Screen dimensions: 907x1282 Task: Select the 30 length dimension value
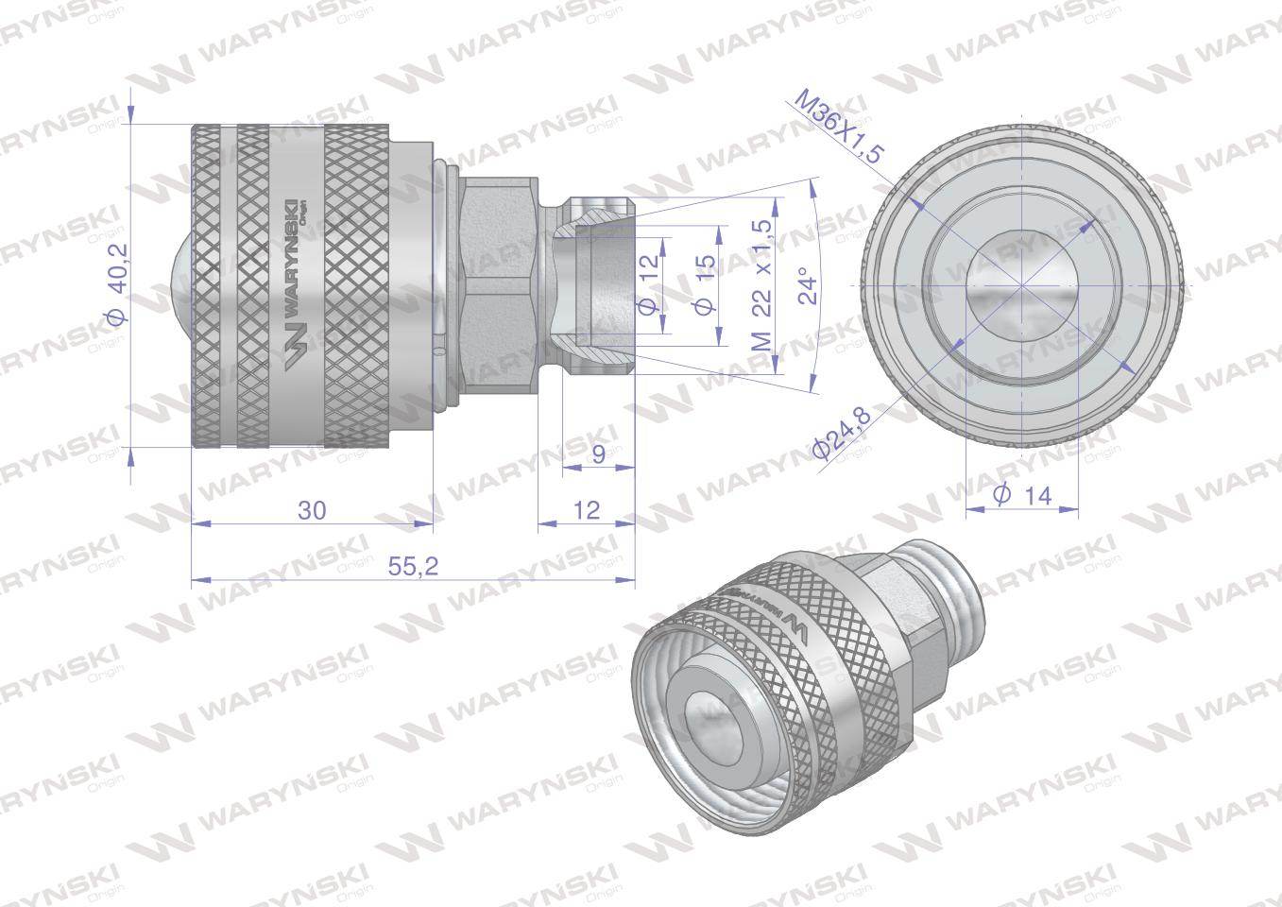coord(312,510)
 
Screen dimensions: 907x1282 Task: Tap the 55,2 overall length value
coord(412,567)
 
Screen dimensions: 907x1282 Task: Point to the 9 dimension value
coord(597,455)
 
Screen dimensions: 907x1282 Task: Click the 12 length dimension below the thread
coord(587,510)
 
